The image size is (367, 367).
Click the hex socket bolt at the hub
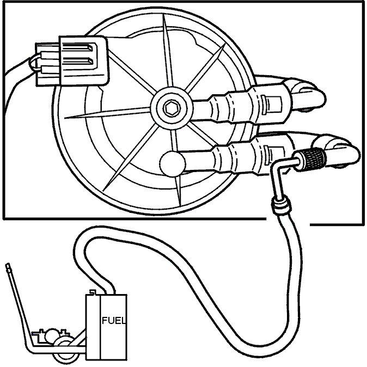tap(172, 108)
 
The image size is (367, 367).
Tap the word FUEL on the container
tap(114, 320)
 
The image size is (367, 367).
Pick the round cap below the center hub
tap(173, 163)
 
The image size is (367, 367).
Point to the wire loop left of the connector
tap(33, 63)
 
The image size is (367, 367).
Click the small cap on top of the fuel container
tap(93, 292)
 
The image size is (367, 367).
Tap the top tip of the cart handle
tap(8, 265)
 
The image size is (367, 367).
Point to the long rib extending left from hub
tap(107, 113)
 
